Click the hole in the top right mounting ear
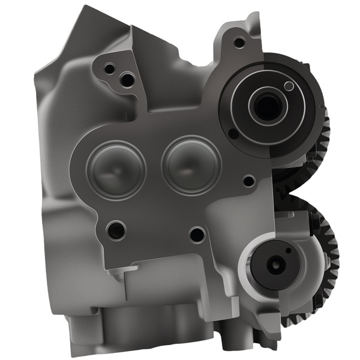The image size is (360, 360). [239, 42]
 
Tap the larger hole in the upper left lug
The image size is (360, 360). [127, 79]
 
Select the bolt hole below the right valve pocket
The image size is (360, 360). [196, 234]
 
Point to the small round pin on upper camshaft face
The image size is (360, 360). [289, 86]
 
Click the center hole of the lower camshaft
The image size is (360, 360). [275, 263]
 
